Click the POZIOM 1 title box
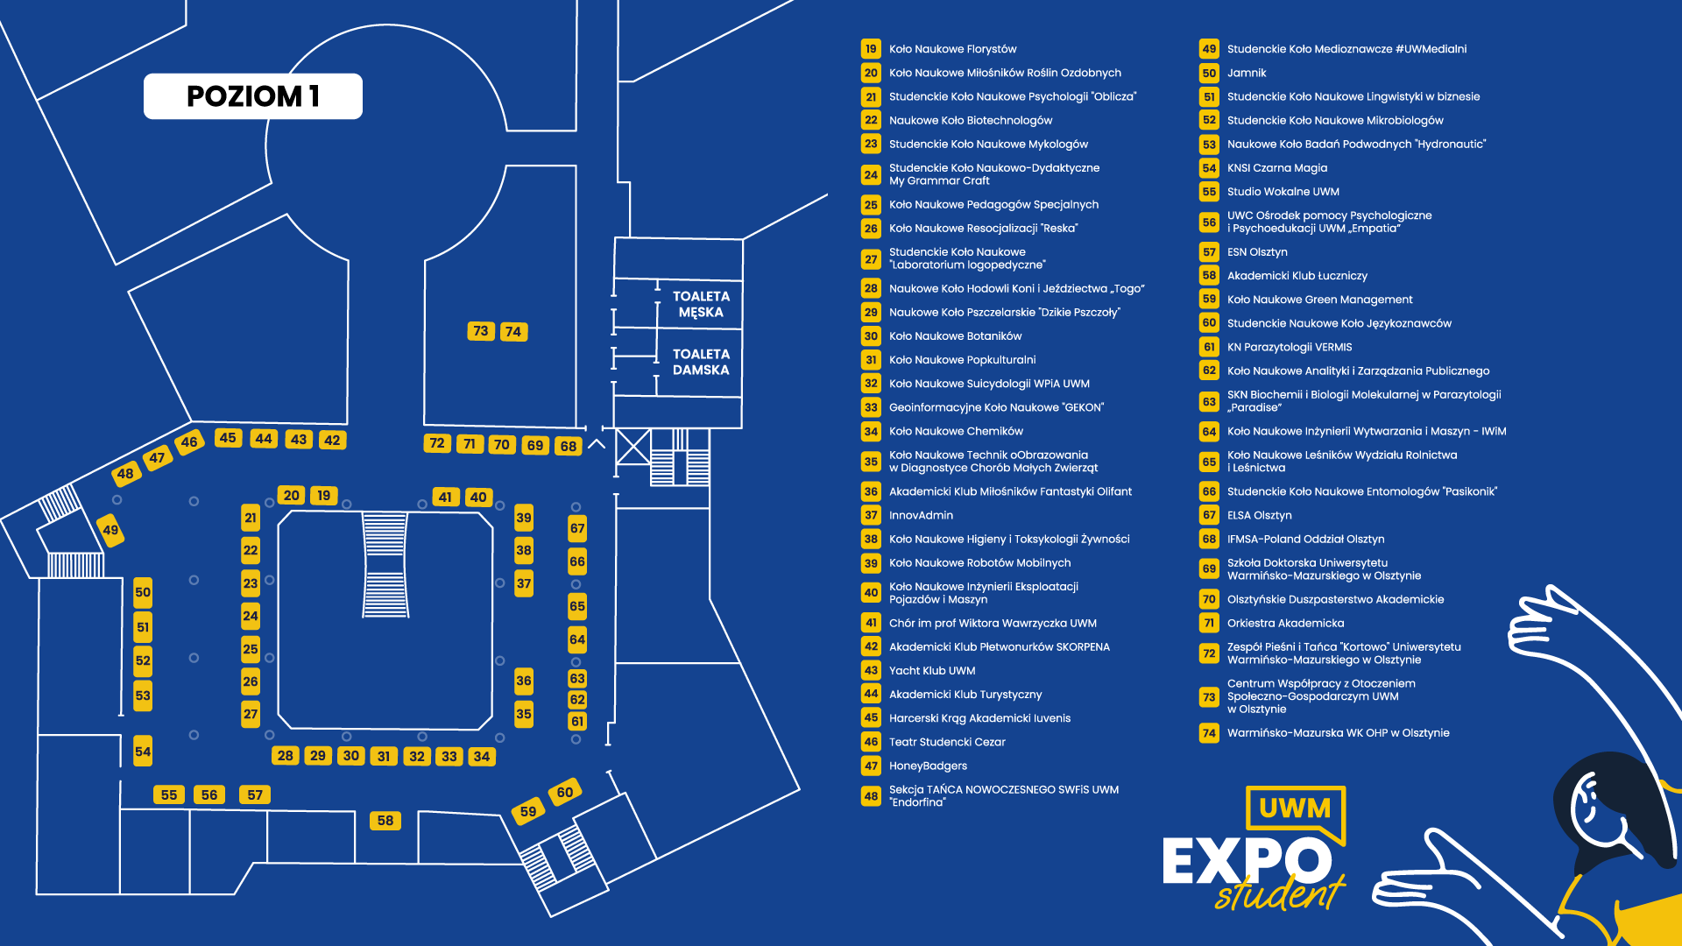[x=252, y=96]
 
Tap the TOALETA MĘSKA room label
[x=701, y=304]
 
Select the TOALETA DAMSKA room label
[x=701, y=362]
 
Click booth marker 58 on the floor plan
[x=385, y=821]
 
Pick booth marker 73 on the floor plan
[x=480, y=331]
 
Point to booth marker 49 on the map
[x=110, y=530]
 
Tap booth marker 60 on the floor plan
[x=564, y=793]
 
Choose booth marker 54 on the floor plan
[x=143, y=752]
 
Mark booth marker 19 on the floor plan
[x=324, y=496]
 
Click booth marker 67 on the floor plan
[x=577, y=528]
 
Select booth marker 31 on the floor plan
[x=384, y=756]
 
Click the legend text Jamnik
[x=1247, y=74]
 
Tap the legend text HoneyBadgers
[x=928, y=766]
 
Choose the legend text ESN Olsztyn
[x=1257, y=252]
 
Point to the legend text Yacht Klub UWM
[x=932, y=671]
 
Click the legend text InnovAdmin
[x=921, y=516]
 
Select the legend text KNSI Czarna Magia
[x=1276, y=168]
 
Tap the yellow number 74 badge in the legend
[x=1209, y=733]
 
